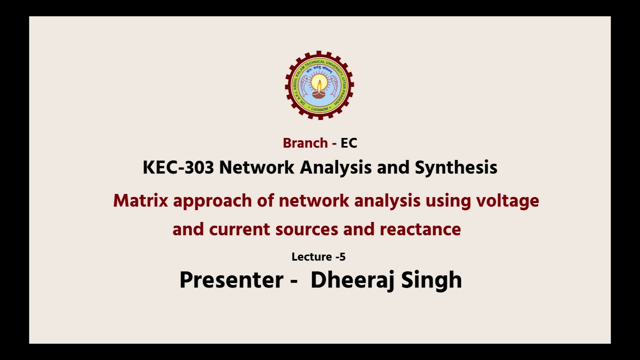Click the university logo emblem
(319, 85)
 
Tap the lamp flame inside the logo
(319, 83)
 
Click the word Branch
(305, 143)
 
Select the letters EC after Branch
(349, 143)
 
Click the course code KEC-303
(178, 167)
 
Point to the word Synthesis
(456, 167)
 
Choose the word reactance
(420, 229)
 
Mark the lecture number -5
(340, 257)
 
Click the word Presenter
(231, 279)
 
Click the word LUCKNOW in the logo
(319, 108)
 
